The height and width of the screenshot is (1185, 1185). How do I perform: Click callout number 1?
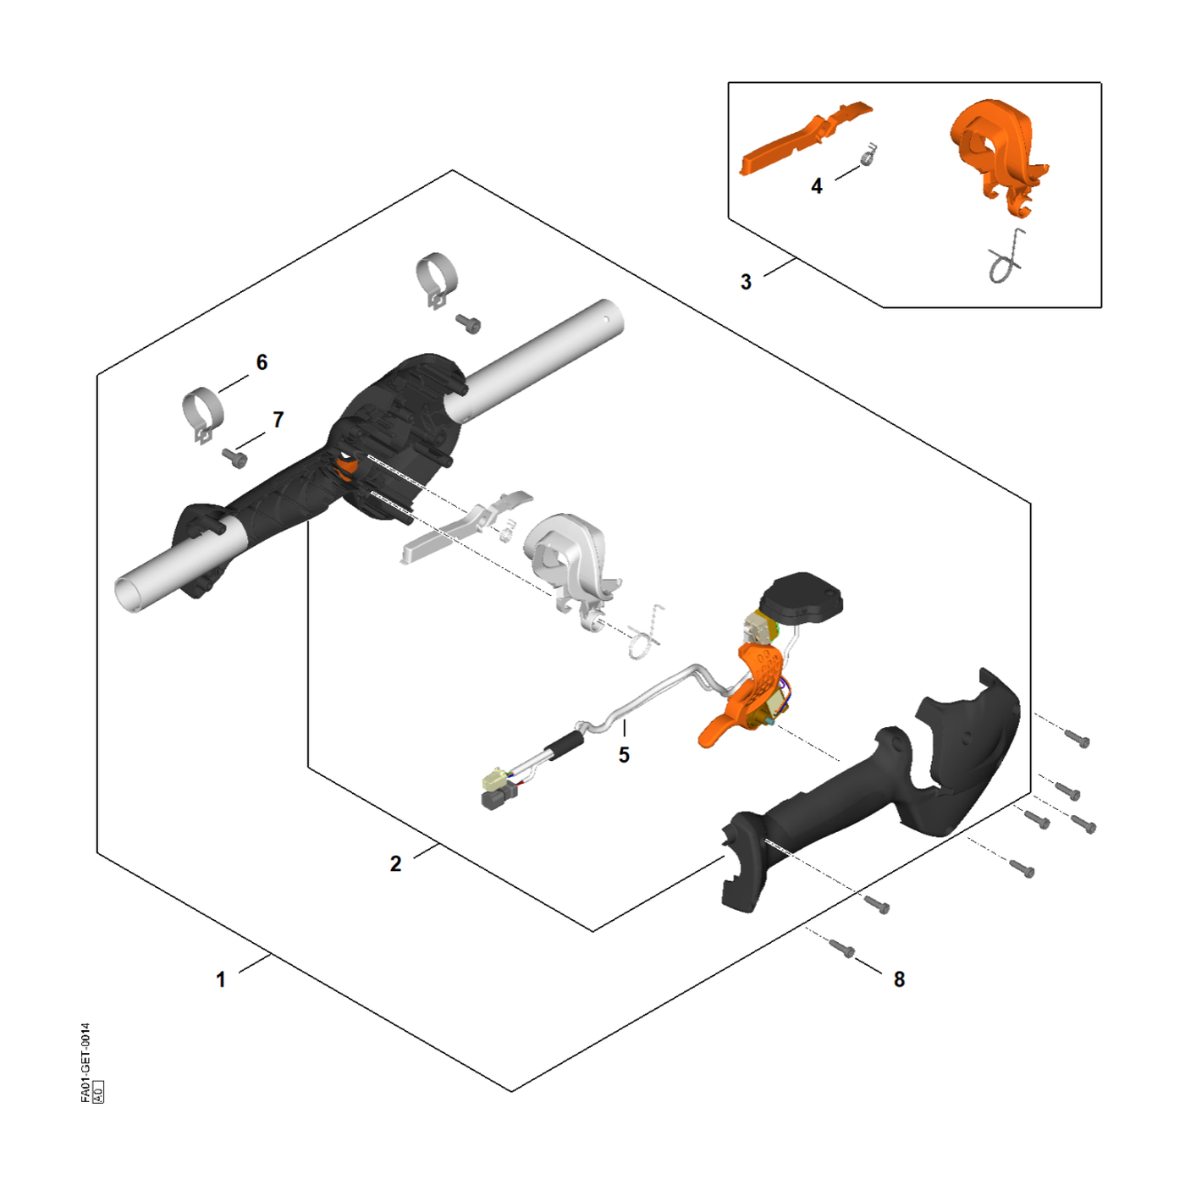coord(221,979)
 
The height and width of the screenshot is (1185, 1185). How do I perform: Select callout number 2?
coord(395,864)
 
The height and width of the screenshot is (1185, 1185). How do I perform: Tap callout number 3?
coord(746,282)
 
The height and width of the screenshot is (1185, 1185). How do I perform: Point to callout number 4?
coord(817,185)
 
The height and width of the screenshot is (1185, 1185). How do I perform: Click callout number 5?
coord(624,755)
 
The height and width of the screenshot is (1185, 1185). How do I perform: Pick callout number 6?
coord(262,362)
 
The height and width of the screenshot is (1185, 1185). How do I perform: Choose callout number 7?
coord(278,419)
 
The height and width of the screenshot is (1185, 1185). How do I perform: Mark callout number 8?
coord(899,979)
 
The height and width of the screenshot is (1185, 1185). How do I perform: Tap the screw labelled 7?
coord(234,456)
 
